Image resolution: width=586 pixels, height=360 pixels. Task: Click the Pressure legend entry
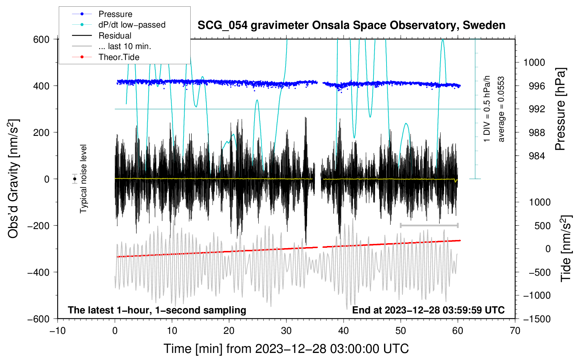115,14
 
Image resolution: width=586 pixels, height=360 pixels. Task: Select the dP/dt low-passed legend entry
132,25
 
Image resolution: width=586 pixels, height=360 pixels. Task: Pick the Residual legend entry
115,36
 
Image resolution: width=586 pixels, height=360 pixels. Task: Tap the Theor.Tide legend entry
119,57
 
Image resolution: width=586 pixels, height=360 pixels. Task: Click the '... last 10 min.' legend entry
125,46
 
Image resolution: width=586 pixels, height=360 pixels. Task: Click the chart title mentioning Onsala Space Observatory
351,25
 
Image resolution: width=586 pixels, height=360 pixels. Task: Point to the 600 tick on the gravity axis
41,39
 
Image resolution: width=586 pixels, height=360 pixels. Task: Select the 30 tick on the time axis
286,331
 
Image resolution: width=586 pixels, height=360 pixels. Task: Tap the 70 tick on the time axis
515,331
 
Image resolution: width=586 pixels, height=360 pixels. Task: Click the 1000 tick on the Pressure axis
534,62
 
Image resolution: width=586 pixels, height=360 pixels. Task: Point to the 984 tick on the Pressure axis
537,156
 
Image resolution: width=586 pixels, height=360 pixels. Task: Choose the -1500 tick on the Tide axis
537,319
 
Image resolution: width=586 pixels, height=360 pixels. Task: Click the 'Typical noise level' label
83,179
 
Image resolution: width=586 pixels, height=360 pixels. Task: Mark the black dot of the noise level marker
74,179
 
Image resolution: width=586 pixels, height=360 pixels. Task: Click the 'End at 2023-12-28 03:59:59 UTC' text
428,310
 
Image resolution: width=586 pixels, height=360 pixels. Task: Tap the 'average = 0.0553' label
501,109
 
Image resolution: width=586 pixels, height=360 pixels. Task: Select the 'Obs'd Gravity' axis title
13,179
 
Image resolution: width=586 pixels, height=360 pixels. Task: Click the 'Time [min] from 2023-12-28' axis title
286,349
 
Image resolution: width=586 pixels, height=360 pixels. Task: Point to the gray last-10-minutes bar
429,225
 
